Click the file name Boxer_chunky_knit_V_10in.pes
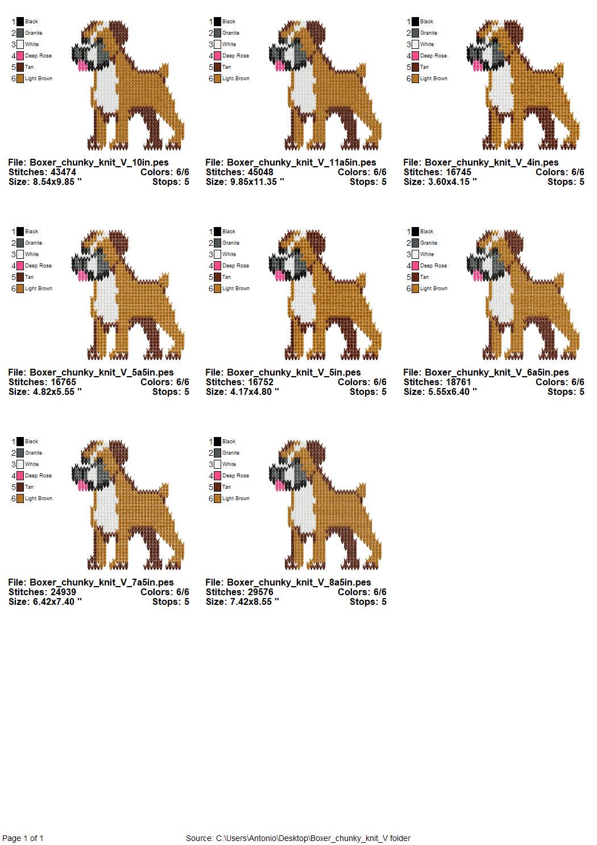99,162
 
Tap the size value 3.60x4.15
449,182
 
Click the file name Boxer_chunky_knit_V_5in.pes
293,372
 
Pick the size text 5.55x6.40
449,392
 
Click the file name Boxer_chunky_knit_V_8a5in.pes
299,582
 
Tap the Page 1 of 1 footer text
23,838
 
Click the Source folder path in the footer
313,838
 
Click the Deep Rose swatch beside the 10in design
20,56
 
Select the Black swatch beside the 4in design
415,22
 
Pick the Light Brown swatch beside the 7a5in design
20,498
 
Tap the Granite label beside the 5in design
231,243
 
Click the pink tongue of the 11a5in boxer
280,65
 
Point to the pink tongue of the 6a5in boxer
477,275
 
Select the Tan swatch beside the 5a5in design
20,277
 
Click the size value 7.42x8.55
251,601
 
